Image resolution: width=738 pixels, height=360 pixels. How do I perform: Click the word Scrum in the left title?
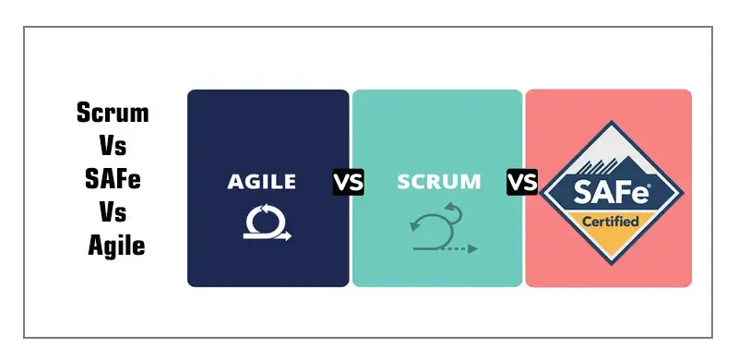112,114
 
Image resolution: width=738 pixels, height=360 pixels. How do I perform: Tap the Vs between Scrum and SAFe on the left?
112,147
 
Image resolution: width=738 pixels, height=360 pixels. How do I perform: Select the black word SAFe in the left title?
112,180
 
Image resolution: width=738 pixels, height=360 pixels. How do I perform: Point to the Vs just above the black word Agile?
112,213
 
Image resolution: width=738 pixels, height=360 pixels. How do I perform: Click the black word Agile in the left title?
116,246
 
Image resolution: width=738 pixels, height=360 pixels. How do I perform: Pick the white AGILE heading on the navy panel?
262,182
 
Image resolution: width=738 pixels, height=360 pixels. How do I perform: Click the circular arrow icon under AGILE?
267,221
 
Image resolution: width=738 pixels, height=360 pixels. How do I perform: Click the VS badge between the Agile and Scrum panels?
349,182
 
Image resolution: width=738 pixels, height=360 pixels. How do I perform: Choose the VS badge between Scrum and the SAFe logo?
522,182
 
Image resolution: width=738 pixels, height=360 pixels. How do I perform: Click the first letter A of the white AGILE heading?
234,182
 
